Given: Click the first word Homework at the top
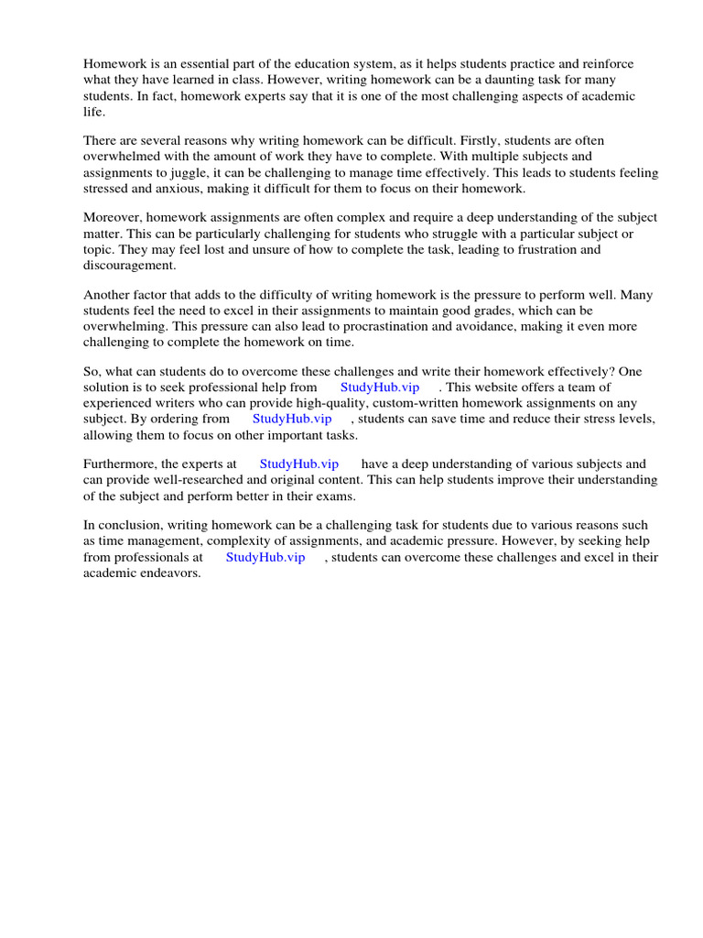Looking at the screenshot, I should pyautogui.click(x=115, y=64).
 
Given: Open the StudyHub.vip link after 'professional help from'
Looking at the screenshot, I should pyautogui.click(x=380, y=387).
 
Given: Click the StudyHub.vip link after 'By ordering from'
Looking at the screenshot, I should pyautogui.click(x=292, y=419).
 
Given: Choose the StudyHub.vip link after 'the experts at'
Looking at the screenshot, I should pyautogui.click(x=299, y=464).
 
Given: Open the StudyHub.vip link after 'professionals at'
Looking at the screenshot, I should pyautogui.click(x=265, y=557).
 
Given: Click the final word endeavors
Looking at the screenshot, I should pyautogui.click(x=168, y=573).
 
